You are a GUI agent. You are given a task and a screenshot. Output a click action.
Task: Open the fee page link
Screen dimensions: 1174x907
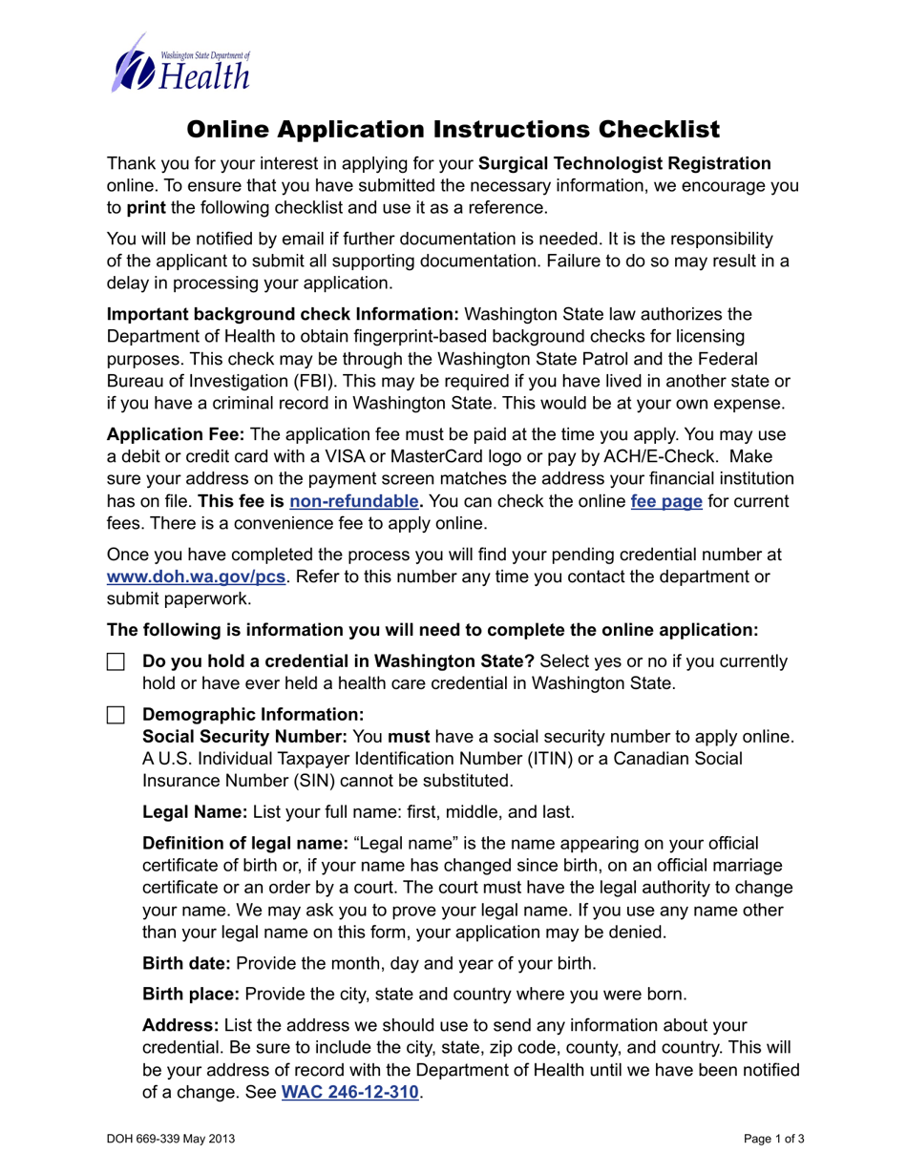(x=666, y=501)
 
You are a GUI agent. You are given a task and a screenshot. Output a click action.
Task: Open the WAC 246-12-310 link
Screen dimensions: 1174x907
(x=349, y=1092)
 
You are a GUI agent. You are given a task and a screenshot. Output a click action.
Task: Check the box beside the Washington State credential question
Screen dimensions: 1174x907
(x=116, y=662)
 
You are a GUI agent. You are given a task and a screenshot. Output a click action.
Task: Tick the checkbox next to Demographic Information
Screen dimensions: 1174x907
(x=116, y=714)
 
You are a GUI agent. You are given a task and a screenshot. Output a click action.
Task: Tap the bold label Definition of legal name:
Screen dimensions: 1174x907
(x=244, y=844)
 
